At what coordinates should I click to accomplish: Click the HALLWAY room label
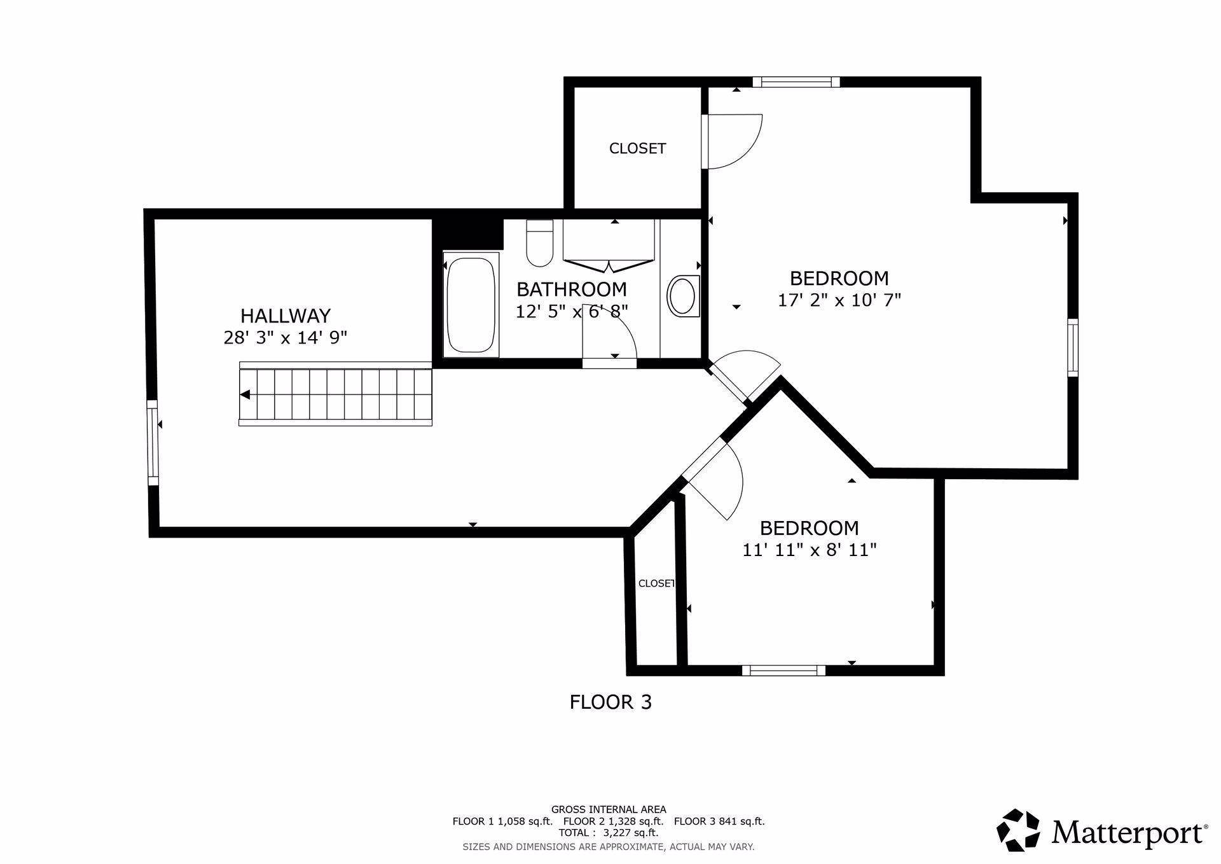pos(286,316)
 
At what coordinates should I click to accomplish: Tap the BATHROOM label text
pos(572,289)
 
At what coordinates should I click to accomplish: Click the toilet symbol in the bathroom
pos(539,242)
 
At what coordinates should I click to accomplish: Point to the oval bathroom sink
pos(682,296)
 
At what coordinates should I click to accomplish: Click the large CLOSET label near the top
pos(637,148)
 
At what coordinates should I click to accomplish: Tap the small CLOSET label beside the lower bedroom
pos(656,583)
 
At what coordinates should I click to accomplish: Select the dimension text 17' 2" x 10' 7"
pos(839,300)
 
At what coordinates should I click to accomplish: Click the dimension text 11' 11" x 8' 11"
pos(810,550)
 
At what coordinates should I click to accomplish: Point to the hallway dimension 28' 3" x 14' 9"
pos(286,337)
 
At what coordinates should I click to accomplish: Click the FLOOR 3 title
pos(610,702)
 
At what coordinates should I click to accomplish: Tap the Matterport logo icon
pos(1018,830)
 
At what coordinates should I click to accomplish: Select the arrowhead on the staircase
pos(245,395)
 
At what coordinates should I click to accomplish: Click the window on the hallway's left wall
pos(153,443)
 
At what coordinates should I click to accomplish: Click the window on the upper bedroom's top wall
pos(796,81)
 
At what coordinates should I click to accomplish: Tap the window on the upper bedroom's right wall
pos(1073,347)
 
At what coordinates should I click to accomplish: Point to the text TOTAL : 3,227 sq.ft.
pos(609,832)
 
